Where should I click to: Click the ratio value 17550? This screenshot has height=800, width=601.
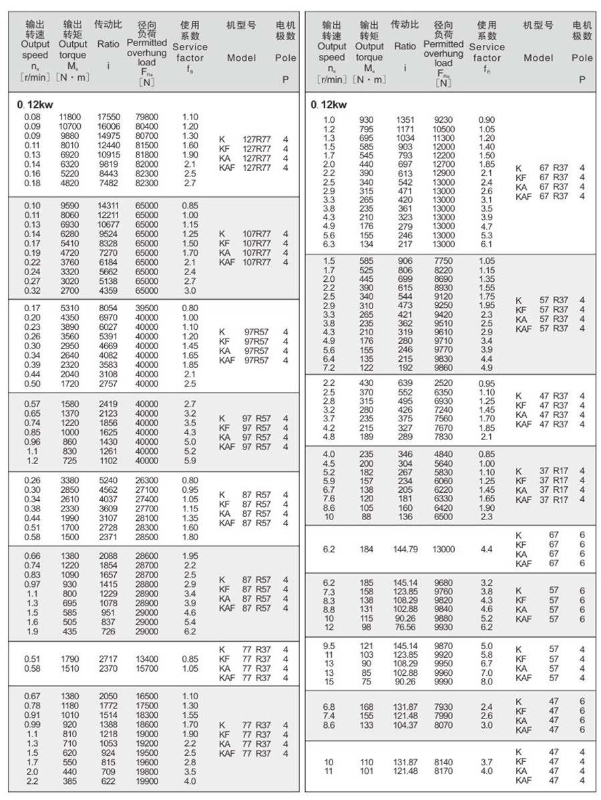click(x=108, y=116)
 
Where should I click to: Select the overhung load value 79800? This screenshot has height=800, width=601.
click(x=146, y=116)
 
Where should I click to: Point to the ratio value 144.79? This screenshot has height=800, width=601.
click(x=405, y=549)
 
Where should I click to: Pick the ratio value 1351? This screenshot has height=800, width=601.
click(x=405, y=120)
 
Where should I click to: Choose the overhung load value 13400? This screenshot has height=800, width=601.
click(x=146, y=659)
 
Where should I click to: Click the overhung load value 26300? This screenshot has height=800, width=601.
click(x=146, y=480)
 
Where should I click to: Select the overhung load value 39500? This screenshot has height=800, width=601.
click(x=146, y=308)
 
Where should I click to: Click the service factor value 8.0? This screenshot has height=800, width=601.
click(x=486, y=682)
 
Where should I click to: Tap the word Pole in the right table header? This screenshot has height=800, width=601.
click(x=582, y=58)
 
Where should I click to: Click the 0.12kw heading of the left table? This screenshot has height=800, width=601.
click(x=32, y=104)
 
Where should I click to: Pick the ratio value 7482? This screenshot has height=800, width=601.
click(x=108, y=183)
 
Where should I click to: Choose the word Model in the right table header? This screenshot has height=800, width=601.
click(x=538, y=58)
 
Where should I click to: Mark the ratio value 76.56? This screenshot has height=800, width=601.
click(x=405, y=627)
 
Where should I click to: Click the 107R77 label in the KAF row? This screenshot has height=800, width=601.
click(x=256, y=263)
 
